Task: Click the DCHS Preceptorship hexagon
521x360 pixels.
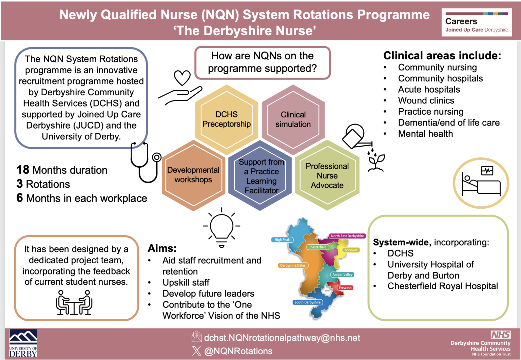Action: (x=227, y=119)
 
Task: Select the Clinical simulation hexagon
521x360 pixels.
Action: (x=293, y=119)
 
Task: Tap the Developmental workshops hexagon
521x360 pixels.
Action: (x=193, y=175)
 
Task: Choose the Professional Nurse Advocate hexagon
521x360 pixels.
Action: (x=327, y=176)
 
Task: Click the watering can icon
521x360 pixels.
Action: (x=355, y=136)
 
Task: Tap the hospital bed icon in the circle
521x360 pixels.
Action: (x=481, y=183)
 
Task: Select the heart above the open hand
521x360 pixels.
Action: (x=182, y=78)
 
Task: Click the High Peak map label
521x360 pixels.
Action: (x=282, y=240)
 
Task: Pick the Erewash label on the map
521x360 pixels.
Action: (x=345, y=288)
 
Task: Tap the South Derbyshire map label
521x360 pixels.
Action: (x=307, y=302)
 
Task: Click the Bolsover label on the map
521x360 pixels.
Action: (x=351, y=250)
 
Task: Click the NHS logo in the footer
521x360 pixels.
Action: (x=500, y=335)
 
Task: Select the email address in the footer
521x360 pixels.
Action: (x=282, y=338)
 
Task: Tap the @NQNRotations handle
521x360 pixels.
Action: (x=238, y=351)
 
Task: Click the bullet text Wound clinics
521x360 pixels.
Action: (x=426, y=100)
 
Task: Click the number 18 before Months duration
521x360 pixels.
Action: (x=23, y=170)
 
